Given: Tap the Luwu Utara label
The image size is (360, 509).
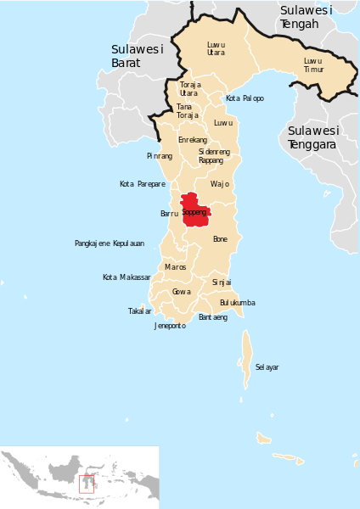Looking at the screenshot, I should click(x=216, y=48).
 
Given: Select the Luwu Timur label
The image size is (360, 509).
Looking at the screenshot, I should click(x=313, y=65).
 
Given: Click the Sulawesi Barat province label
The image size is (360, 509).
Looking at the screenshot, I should click(x=137, y=56).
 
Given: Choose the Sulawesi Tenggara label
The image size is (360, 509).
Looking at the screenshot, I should click(x=313, y=137).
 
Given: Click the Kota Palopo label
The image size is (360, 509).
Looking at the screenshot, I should click(x=245, y=98).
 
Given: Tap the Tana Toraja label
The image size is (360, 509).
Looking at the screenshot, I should click(x=187, y=111).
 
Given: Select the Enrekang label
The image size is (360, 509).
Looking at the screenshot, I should click(x=193, y=139).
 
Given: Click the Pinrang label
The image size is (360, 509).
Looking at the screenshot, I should click(x=159, y=156).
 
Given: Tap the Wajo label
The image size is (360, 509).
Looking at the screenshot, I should click(x=220, y=184).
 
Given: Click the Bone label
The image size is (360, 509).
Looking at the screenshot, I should click(x=220, y=239).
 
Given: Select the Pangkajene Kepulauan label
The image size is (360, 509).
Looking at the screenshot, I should click(x=110, y=243).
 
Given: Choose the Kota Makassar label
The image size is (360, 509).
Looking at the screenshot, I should click(x=127, y=277).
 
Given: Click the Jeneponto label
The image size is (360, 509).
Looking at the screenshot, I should click(x=170, y=326).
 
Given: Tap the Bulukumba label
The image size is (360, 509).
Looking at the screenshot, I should click(x=237, y=303).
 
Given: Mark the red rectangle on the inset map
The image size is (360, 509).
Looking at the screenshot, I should click(x=86, y=484).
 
